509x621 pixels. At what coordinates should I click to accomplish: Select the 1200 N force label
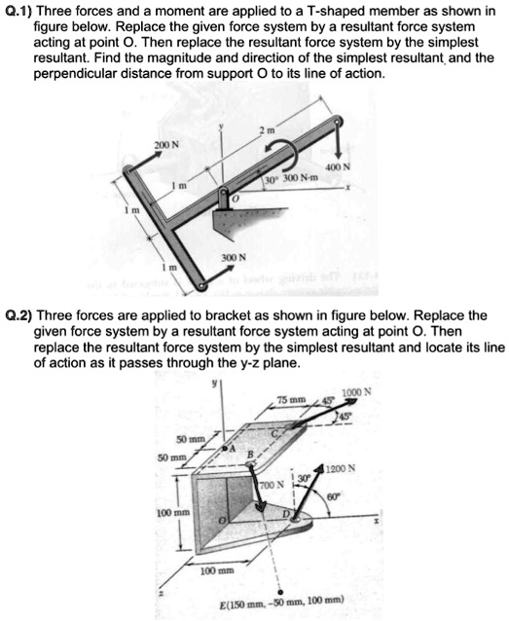pyautogui.click(x=377, y=467)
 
